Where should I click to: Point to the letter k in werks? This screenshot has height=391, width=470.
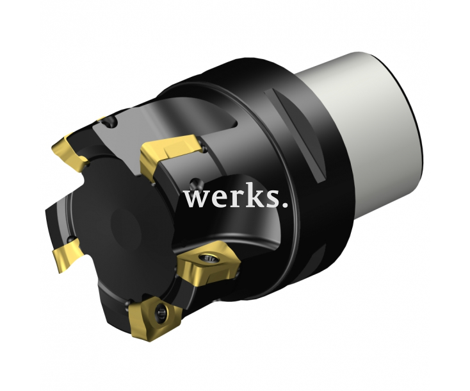[257, 197]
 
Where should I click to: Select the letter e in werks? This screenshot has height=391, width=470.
[218, 200]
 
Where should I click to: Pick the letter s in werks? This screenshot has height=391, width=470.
[272, 200]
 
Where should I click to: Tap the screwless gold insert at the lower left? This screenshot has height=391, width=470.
[68, 254]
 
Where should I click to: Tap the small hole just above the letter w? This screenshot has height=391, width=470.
[193, 180]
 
